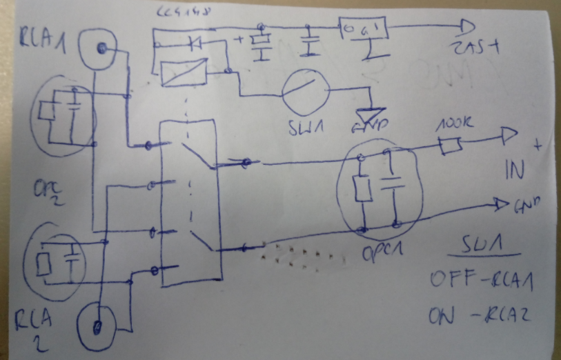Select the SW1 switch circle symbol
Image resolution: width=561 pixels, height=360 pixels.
click(304, 93)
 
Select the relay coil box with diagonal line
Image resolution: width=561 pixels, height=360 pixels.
click(184, 72)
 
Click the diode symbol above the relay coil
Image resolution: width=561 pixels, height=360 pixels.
click(195, 44)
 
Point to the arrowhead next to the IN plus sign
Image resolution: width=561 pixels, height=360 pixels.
click(508, 138)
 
